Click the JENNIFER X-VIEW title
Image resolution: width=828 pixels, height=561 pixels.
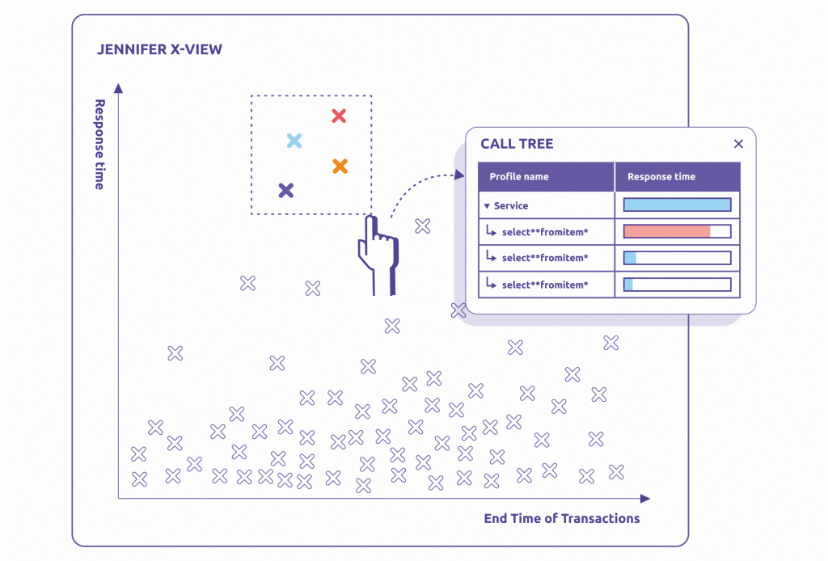pyautogui.click(x=159, y=50)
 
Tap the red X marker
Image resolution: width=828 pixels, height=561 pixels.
pyautogui.click(x=339, y=116)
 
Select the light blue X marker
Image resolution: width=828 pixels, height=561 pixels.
pyautogui.click(x=294, y=141)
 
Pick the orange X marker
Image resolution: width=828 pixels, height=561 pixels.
pyautogui.click(x=340, y=166)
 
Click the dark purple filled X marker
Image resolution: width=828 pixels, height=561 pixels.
pyautogui.click(x=285, y=191)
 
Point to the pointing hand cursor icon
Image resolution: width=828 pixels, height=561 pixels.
pyautogui.click(x=378, y=252)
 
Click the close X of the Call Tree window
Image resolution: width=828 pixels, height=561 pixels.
pyautogui.click(x=737, y=144)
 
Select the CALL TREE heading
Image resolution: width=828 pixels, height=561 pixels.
pyautogui.click(x=517, y=144)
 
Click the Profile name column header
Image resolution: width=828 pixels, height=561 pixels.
pyautogui.click(x=519, y=177)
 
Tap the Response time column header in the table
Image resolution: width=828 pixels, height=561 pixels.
pyautogui.click(x=661, y=177)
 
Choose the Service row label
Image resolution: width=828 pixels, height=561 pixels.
pyautogui.click(x=510, y=205)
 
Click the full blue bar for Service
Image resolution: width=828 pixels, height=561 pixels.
pyautogui.click(x=677, y=205)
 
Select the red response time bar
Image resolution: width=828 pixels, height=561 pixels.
pyautogui.click(x=667, y=231)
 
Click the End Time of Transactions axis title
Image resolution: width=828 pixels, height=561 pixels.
pyautogui.click(x=561, y=518)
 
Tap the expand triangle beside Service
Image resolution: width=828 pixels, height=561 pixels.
pyautogui.click(x=487, y=206)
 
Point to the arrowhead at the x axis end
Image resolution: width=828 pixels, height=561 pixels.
pyautogui.click(x=644, y=499)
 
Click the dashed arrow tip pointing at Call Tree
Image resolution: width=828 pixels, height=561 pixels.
pyautogui.click(x=460, y=174)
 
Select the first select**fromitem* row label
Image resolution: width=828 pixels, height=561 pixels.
pyautogui.click(x=544, y=232)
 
